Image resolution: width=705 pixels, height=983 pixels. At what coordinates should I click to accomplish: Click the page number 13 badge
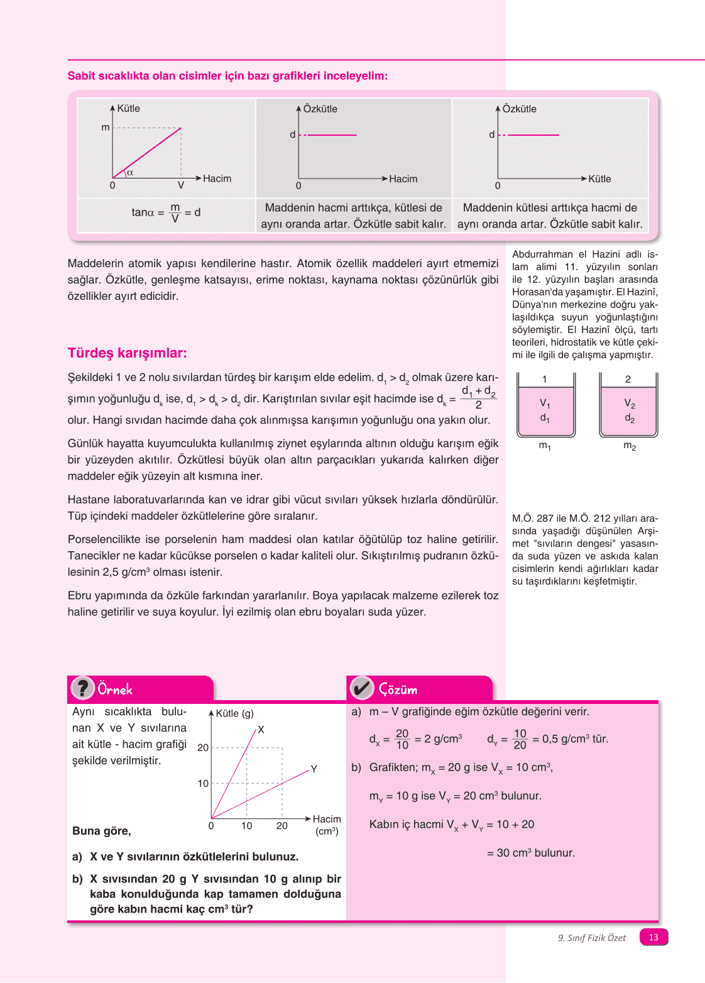point(653,937)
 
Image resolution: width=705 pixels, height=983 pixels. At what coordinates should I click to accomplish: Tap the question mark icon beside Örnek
point(82,688)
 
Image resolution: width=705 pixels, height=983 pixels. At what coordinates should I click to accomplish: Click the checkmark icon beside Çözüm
point(362,688)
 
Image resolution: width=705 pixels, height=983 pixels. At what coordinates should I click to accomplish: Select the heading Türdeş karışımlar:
point(127,353)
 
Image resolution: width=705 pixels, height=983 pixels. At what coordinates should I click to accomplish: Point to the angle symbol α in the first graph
point(130,172)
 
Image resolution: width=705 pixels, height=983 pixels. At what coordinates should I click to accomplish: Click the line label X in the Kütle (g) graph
point(261,729)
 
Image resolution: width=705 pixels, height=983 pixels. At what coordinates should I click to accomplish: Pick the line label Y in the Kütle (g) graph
point(314,769)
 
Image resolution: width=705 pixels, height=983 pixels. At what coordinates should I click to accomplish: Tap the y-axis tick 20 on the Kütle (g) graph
point(203,747)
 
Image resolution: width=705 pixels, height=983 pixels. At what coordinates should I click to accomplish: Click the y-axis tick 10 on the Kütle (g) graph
point(203,783)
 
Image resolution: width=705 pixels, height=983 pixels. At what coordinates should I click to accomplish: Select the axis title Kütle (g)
point(235,713)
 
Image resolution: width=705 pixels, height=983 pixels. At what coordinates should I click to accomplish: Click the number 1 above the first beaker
point(544,379)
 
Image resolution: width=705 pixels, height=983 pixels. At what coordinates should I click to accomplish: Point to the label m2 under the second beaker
point(630,446)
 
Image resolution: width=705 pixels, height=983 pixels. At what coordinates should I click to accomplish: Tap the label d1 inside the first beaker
point(544,418)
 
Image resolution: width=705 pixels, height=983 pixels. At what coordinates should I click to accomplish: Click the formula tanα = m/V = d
point(166,212)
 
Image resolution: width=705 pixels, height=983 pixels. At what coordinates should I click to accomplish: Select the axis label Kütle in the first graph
point(129,108)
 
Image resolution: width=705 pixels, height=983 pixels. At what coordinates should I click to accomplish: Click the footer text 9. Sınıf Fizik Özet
point(592,938)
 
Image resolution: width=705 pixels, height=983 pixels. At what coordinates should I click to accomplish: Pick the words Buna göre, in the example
point(101,831)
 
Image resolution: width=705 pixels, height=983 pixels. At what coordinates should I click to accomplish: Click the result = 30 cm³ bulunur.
point(531,853)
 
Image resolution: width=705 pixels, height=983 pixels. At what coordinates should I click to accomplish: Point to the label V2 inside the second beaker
point(630,403)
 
